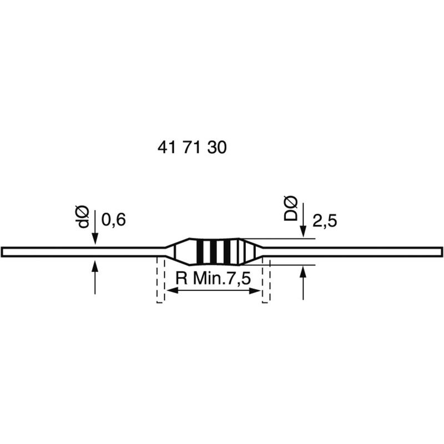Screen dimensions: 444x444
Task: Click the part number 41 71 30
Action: tap(192, 148)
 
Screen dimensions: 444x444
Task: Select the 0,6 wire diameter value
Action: tap(114, 220)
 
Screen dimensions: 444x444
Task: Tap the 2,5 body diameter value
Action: tap(325, 221)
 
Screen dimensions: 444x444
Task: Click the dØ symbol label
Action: tap(83, 216)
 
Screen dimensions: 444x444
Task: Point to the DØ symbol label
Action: tap(291, 209)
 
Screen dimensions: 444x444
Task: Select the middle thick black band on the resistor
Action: tap(213, 252)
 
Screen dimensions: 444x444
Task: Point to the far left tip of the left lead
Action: tap(2, 252)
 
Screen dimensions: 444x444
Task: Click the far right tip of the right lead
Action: tap(442, 252)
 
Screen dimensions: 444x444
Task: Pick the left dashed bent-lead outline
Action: tap(160, 280)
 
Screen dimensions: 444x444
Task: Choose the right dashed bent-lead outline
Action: tap(266, 280)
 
